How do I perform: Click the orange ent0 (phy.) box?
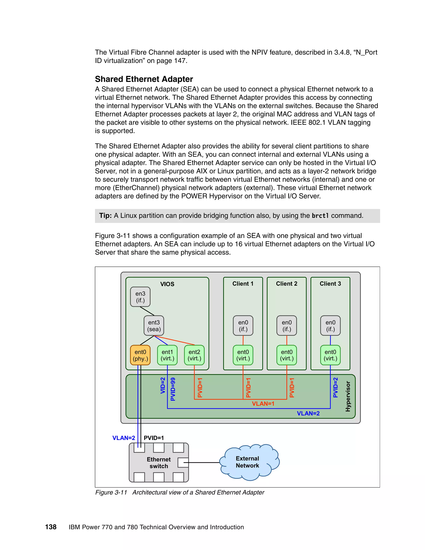pyautogui.click(x=140, y=355)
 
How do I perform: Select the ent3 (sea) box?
pyautogui.click(x=154, y=326)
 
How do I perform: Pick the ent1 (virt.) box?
pyautogui.click(x=167, y=355)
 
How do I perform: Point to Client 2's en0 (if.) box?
pyautogui.click(x=287, y=326)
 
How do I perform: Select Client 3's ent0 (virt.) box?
pyautogui.click(x=330, y=355)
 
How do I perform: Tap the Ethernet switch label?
pyautogui.click(x=159, y=463)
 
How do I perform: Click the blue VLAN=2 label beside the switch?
pyautogui.click(x=124, y=438)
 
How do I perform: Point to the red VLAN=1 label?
pyautogui.click(x=263, y=404)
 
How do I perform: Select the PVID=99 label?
pyautogui.click(x=173, y=389)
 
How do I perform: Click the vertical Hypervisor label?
pyautogui.click(x=348, y=396)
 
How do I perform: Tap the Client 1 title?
pyautogui.click(x=243, y=284)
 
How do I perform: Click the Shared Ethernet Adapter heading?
pyautogui.click(x=144, y=79)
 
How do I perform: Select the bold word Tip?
pyautogui.click(x=105, y=216)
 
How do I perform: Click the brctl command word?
pyautogui.click(x=320, y=216)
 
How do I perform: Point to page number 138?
pyautogui.click(x=51, y=527)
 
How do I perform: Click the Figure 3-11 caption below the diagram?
pyautogui.click(x=180, y=492)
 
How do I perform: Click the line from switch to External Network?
pyautogui.click(x=204, y=462)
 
